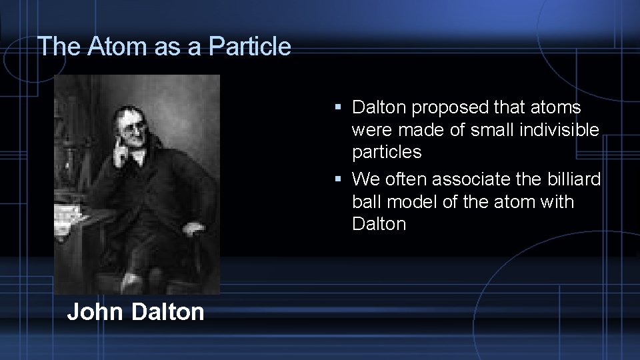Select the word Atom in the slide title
[x=109, y=47]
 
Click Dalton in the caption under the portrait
[x=168, y=311]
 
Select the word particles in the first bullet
[x=387, y=152]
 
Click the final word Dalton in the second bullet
[x=379, y=224]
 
